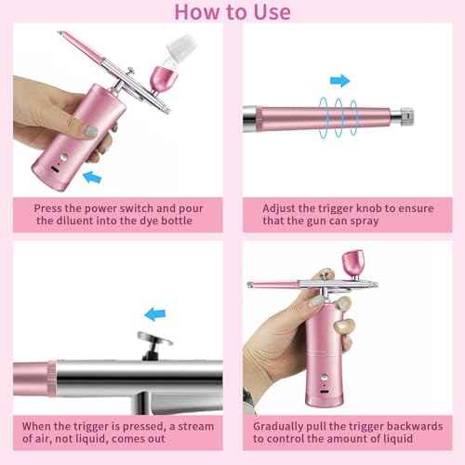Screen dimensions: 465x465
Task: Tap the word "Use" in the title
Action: (x=270, y=12)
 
